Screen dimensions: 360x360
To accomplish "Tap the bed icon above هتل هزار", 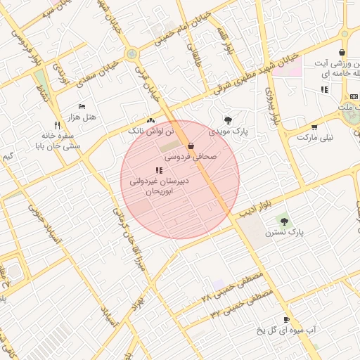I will [x=82, y=105].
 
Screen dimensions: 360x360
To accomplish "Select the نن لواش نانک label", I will [x=146, y=131].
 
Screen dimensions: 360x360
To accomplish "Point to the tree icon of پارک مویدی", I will [x=227, y=120].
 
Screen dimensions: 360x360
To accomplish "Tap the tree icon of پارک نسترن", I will [x=284, y=221].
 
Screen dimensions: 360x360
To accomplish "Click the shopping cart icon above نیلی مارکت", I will [x=314, y=127].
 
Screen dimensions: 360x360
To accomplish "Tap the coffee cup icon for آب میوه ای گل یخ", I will [x=285, y=319].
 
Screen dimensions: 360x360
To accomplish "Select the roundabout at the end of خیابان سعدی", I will [x=131, y=55].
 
